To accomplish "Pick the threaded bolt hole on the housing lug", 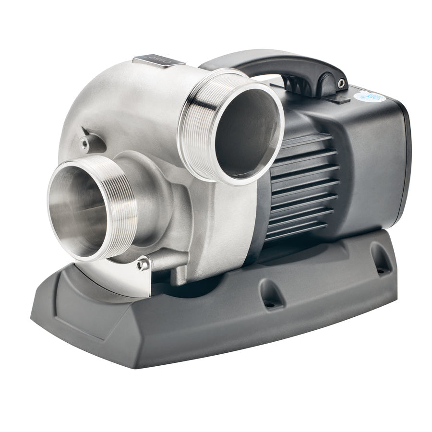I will click(x=85, y=141).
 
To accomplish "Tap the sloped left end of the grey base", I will click(x=53, y=317).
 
